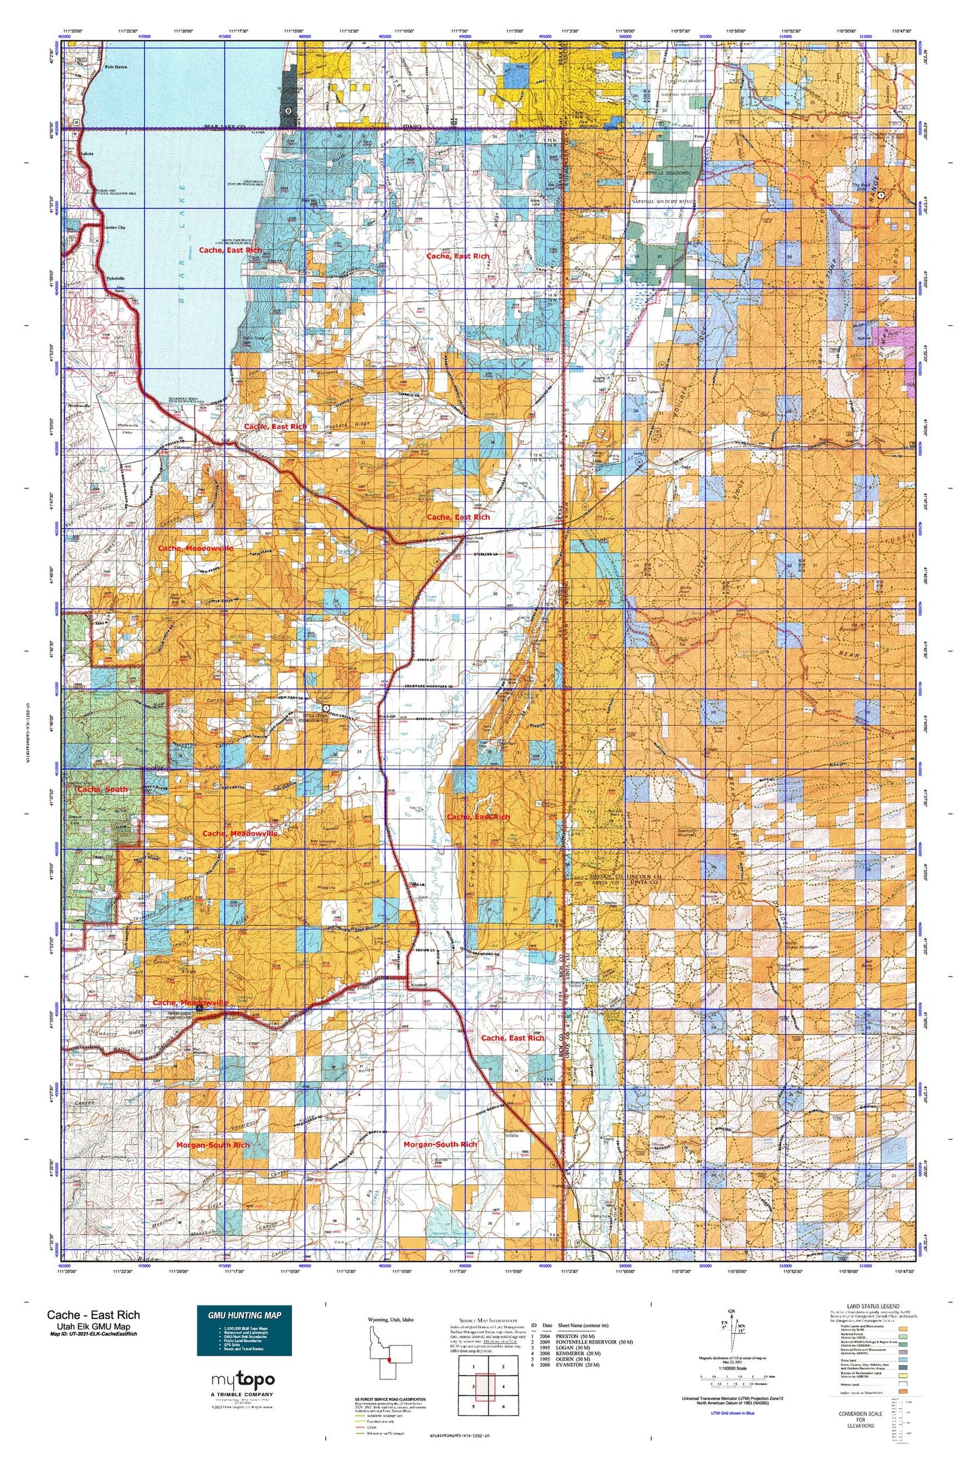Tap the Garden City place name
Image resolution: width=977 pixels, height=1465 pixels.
pyautogui.click(x=113, y=228)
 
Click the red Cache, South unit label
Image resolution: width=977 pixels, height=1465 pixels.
pyautogui.click(x=102, y=789)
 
